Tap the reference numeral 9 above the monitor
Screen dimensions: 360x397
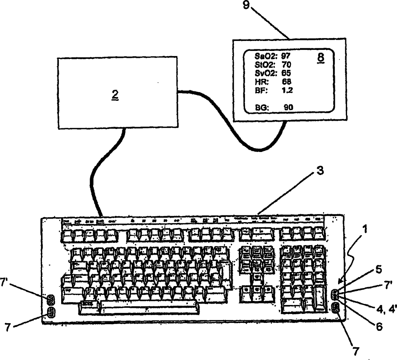point(246,5)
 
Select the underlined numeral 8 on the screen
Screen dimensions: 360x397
point(320,58)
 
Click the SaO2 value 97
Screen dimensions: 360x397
point(286,56)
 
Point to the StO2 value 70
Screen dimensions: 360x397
point(286,65)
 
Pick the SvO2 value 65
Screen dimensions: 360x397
point(286,73)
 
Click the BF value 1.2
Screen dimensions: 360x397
point(287,90)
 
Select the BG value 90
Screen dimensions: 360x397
point(288,107)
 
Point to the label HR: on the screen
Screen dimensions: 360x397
point(261,82)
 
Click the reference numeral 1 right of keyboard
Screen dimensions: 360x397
point(365,229)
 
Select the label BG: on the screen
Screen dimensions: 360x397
point(262,108)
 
